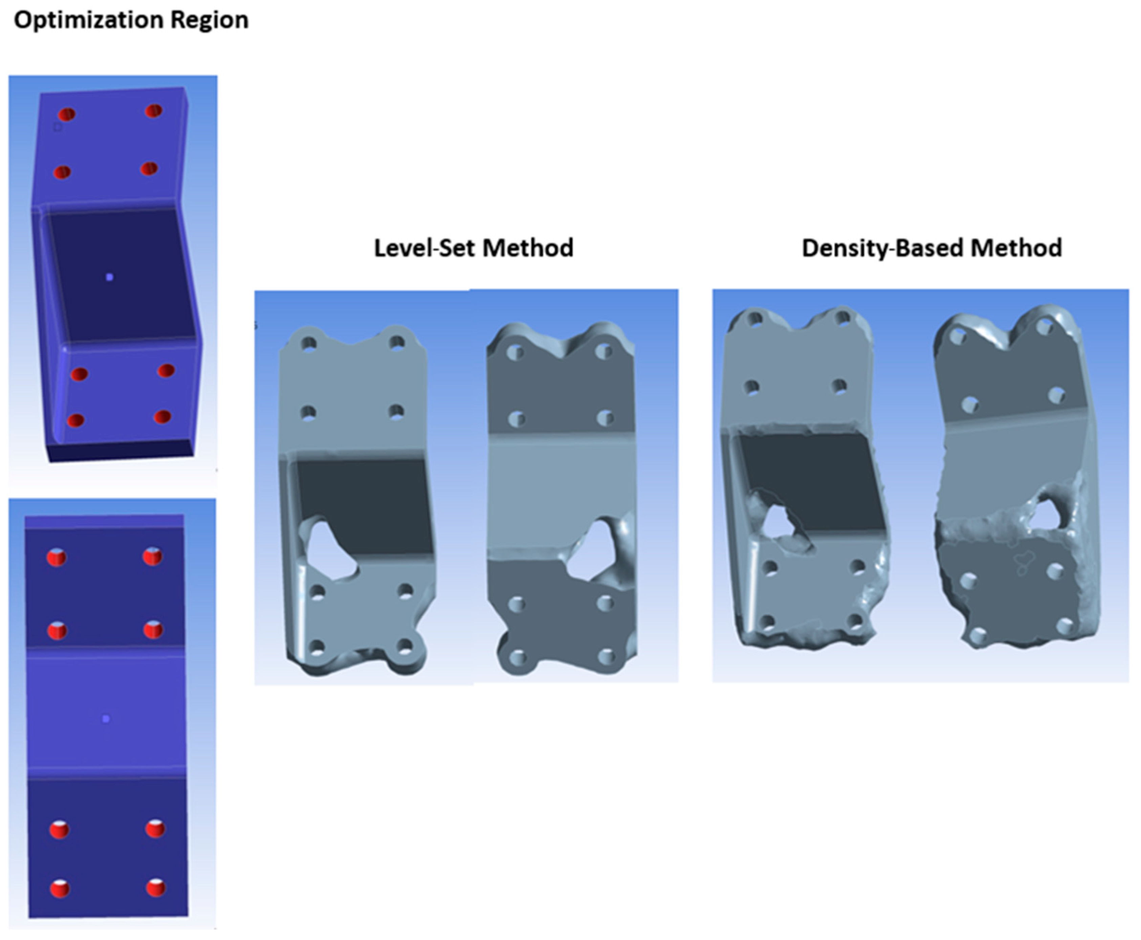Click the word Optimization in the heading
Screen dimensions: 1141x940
tap(88, 21)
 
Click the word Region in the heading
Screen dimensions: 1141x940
tap(210, 21)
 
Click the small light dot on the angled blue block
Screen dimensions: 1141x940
tap(109, 277)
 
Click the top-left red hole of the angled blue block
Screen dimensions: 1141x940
tap(67, 114)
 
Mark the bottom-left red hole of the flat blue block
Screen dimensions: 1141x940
tap(60, 889)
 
